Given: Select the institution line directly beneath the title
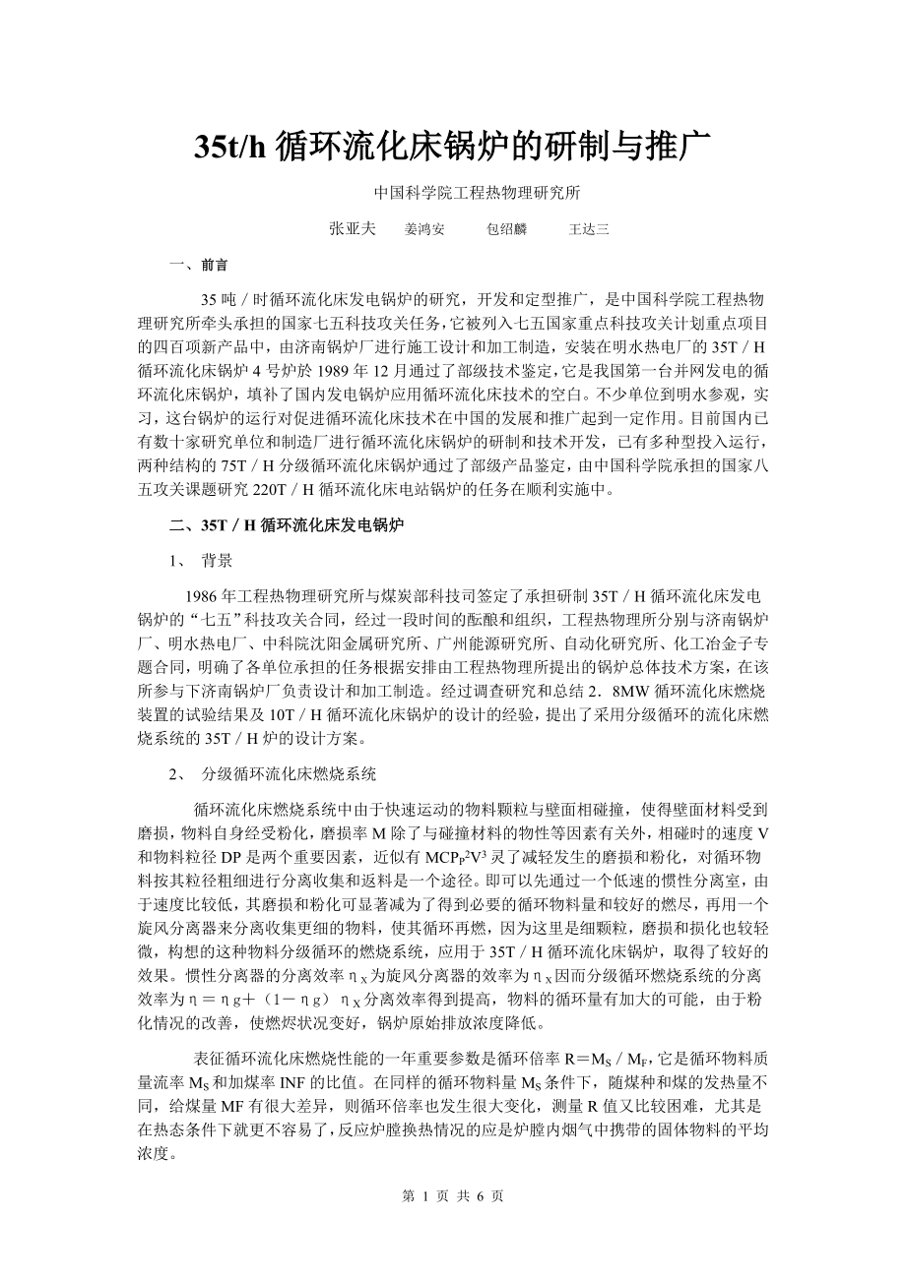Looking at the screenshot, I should [453, 193].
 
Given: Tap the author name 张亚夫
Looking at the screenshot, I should [352, 229].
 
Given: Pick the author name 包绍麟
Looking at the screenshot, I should [507, 229].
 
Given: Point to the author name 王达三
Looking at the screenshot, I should [589, 229].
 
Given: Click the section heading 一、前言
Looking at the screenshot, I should [199, 265].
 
